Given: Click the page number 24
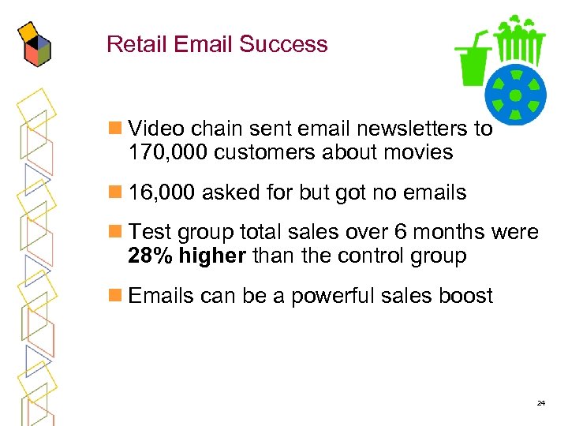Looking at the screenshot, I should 540,403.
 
